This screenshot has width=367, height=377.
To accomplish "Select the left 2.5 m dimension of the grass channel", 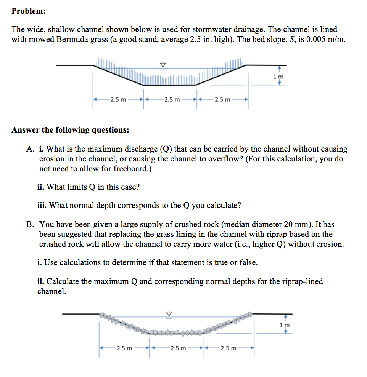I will coord(118,100).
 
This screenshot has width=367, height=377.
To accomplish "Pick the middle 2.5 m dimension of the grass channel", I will coord(171,100).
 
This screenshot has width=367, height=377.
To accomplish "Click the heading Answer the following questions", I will coord(70,130).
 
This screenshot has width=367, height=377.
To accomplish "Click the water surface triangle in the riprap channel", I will coord(169,313).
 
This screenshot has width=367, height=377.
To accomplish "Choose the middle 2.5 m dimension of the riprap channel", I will coord(178,348).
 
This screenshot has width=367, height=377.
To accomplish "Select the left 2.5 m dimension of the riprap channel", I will coord(124,348).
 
